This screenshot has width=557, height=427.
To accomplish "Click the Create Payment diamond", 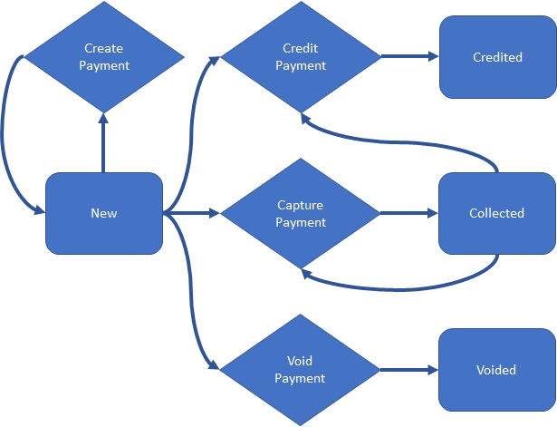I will [x=104, y=57].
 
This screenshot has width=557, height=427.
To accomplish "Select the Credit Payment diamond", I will [x=300, y=57].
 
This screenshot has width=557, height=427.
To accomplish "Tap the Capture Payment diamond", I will [x=300, y=214].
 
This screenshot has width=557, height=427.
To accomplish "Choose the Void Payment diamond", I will [x=300, y=370].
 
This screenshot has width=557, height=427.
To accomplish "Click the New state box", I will [x=104, y=214].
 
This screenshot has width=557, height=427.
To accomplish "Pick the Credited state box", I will [x=497, y=57].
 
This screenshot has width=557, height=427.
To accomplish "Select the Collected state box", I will [x=497, y=214].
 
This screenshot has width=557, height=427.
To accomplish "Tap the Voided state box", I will [x=497, y=370].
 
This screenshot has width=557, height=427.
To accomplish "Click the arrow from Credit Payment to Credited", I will [x=409, y=57].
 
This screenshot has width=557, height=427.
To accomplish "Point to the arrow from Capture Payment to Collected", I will [x=409, y=214].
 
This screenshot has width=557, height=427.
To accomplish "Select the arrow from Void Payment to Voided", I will [x=409, y=370].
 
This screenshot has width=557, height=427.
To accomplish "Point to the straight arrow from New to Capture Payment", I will [x=192, y=214].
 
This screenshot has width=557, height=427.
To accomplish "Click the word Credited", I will [x=497, y=57].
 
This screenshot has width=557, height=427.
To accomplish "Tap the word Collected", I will [x=496, y=214].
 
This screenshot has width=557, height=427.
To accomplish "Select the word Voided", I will [x=496, y=370].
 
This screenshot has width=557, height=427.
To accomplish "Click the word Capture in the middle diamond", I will [x=300, y=206].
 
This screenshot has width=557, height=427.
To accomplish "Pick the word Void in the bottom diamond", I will [x=300, y=363].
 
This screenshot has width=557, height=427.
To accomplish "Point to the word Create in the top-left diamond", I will [x=104, y=49].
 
